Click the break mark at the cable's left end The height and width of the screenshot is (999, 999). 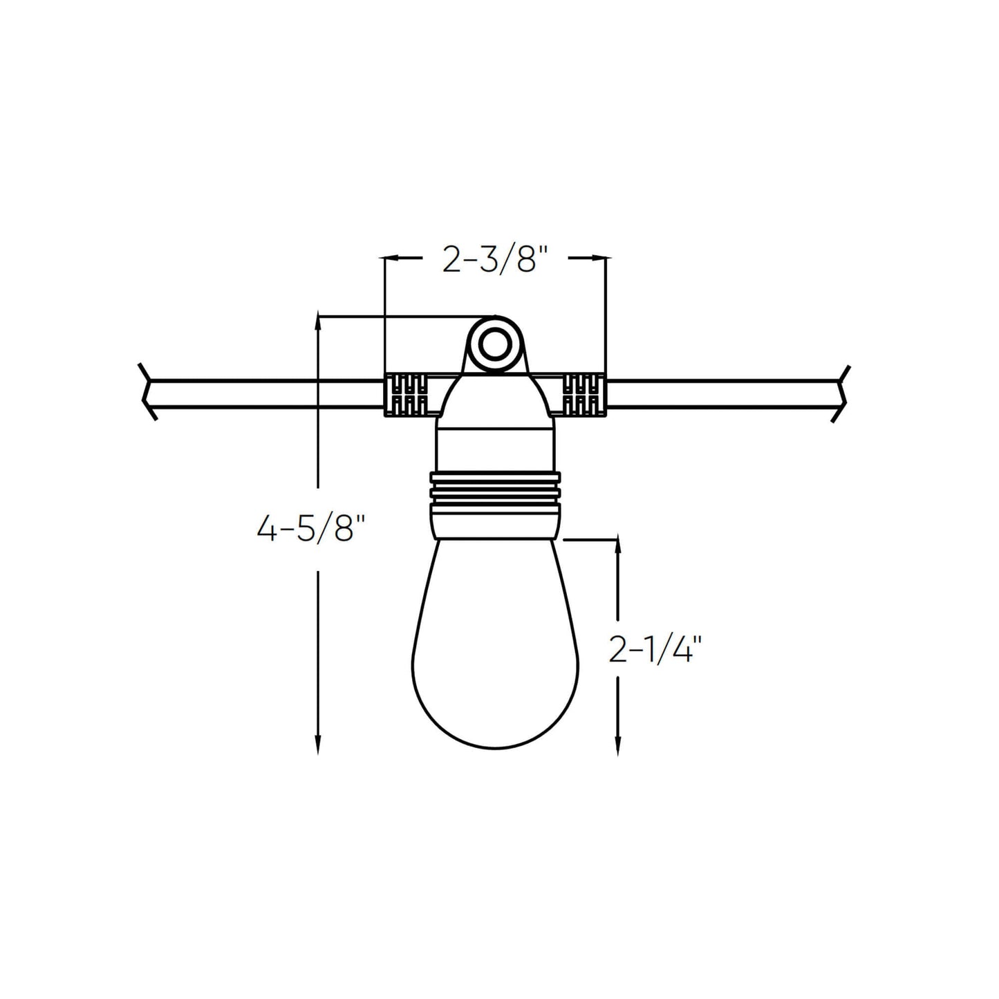(x=147, y=392)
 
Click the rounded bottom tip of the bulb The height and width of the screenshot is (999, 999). (x=495, y=745)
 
